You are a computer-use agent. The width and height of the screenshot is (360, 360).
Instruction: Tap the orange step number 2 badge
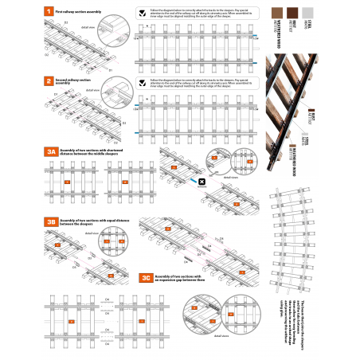49,81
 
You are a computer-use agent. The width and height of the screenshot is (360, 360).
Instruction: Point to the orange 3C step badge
146,278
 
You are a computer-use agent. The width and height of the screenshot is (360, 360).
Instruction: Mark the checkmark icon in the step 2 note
142,82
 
